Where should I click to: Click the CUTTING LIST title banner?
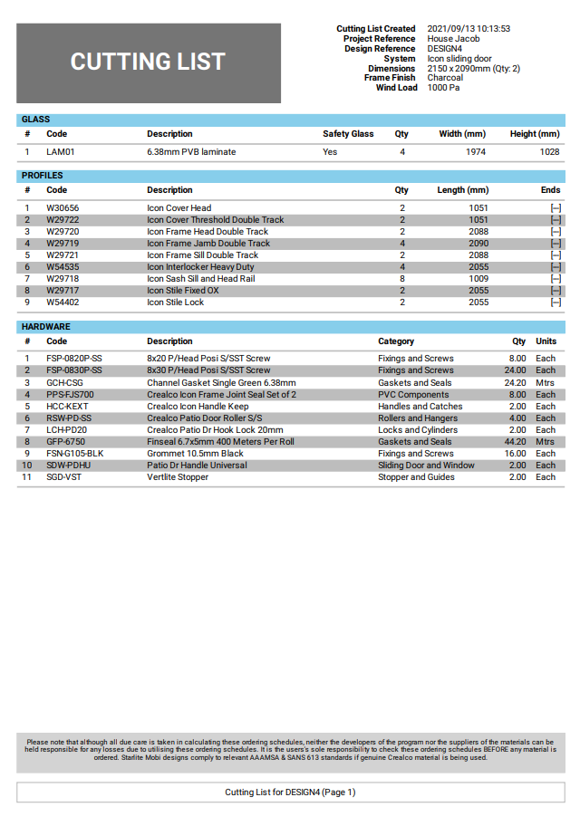pos(148,62)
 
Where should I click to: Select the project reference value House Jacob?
pos(453,39)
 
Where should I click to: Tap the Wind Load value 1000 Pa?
pos(448,88)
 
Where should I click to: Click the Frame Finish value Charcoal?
pos(445,78)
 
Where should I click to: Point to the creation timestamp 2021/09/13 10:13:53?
pos(469,29)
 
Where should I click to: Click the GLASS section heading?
pos(36,120)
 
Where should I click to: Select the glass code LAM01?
pos(61,152)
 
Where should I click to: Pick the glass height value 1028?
pos(549,152)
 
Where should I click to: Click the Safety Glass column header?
pos(348,134)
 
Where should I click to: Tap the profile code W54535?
pos(63,267)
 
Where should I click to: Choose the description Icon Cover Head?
pos(179,208)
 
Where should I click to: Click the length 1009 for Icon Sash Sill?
pos(478,279)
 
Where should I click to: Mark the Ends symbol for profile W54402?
pos(555,303)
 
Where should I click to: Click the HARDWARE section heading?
pos(46,327)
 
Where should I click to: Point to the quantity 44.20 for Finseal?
pos(514,442)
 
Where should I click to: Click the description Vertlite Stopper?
pos(178,477)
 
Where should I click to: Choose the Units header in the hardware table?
pos(546,341)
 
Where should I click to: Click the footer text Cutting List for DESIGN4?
pos(290,792)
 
